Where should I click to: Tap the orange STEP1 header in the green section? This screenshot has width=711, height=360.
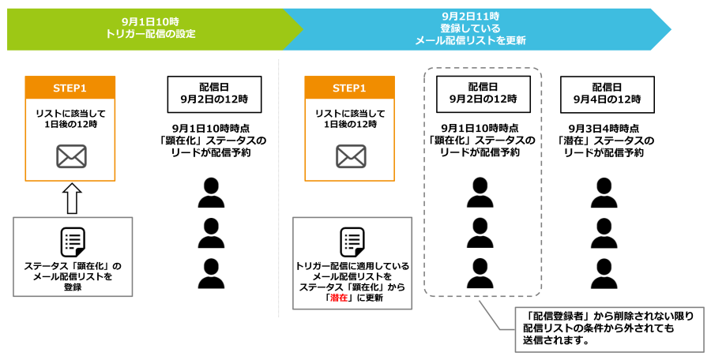(70, 88)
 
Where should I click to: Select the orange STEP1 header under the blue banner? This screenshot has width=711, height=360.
(349, 88)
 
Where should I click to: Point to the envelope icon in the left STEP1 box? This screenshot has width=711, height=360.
(71, 156)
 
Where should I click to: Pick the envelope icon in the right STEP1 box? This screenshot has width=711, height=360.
(351, 156)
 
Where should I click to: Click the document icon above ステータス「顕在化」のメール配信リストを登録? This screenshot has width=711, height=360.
(73, 242)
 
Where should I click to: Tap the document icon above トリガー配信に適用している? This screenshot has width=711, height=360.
(352, 242)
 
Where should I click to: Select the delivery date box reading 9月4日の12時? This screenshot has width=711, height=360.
(608, 94)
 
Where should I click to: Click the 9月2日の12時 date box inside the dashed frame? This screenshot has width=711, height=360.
(483, 94)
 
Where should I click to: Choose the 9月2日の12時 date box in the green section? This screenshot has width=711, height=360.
(214, 94)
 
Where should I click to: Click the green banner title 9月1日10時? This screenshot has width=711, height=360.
(150, 21)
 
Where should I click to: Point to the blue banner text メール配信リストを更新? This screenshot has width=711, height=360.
(470, 41)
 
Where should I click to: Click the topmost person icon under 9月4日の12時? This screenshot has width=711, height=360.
(604, 193)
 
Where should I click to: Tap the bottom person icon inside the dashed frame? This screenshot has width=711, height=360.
(480, 273)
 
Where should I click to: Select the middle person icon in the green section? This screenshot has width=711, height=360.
(211, 233)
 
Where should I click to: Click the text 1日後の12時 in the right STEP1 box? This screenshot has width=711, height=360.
(351, 123)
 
